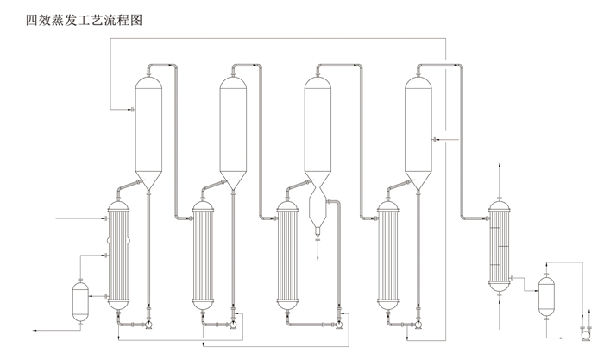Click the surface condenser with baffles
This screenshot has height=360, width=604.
(498, 246)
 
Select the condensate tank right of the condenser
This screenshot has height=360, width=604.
(545, 296)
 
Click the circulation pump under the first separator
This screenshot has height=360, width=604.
(148, 325)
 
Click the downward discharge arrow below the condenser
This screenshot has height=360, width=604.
(498, 303)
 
